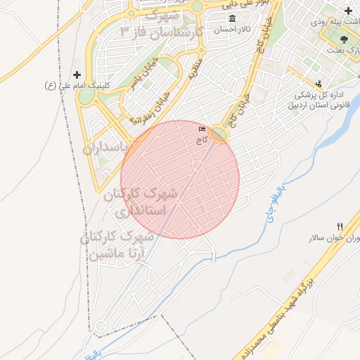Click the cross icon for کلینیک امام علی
(x=77, y=75)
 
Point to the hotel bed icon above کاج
(x=202, y=129)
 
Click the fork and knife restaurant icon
(x=340, y=226)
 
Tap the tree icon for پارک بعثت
(x=343, y=39)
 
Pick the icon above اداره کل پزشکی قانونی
(x=320, y=84)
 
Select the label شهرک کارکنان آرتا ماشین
(x=117, y=244)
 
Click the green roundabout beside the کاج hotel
(x=219, y=134)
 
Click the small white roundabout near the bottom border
(x=101, y=326)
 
